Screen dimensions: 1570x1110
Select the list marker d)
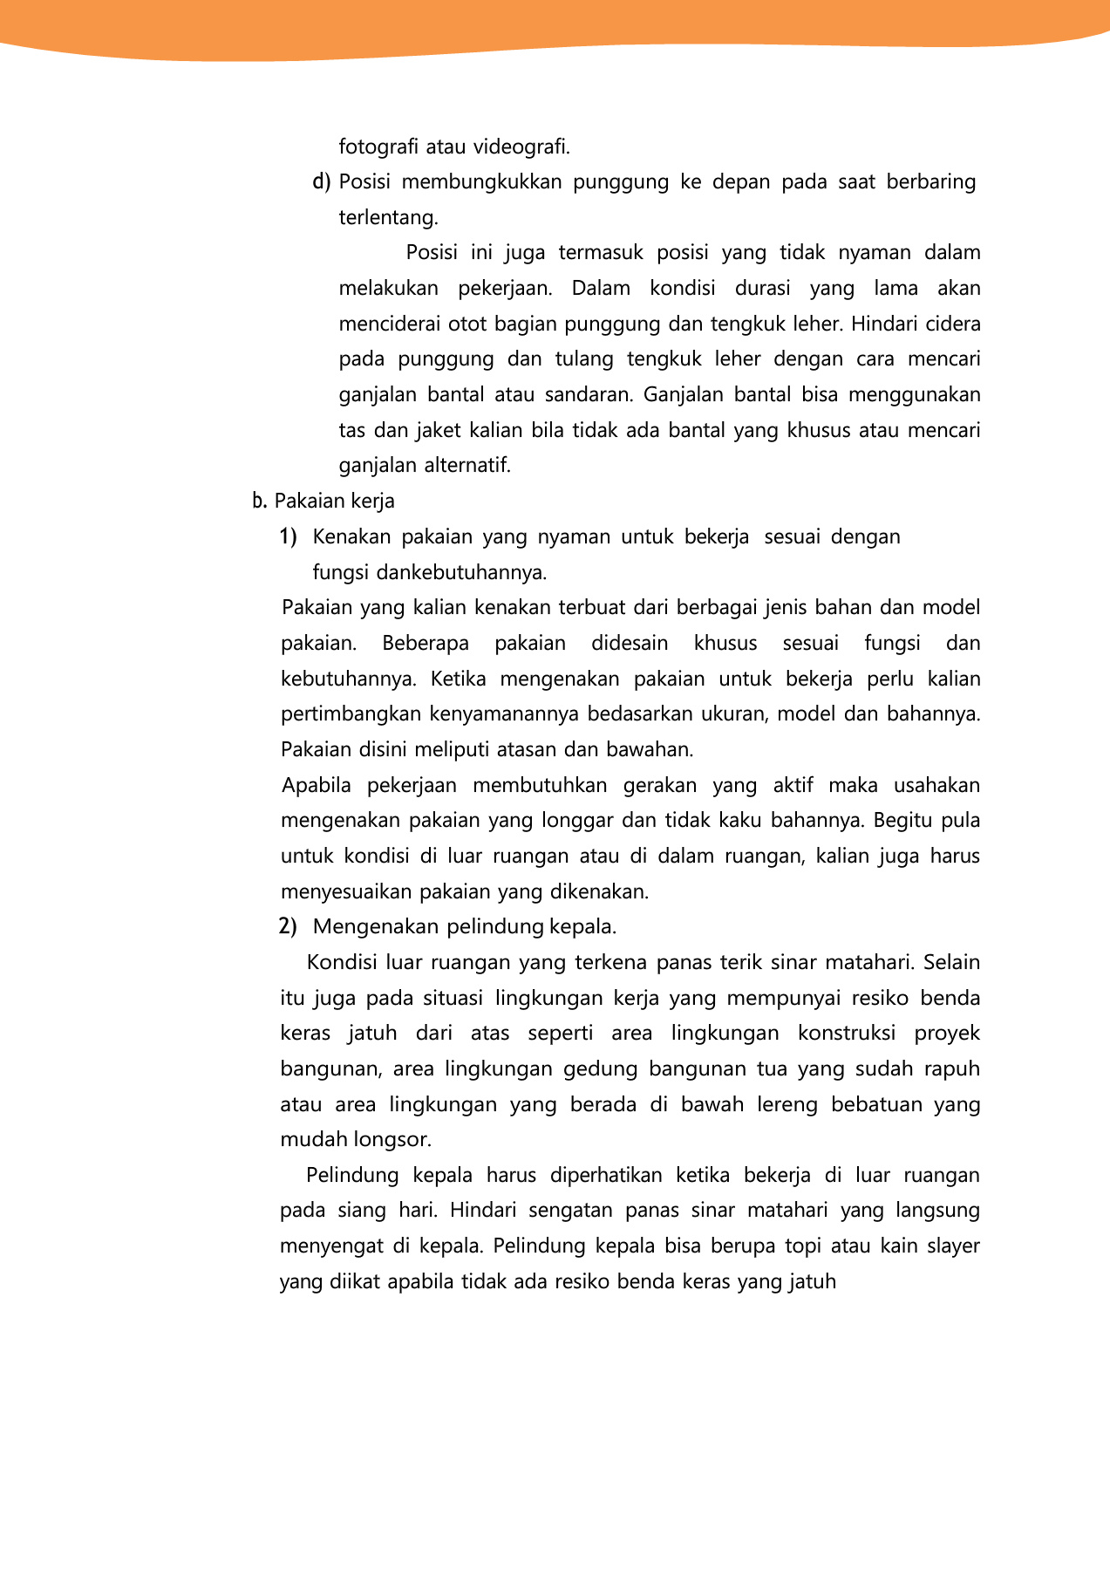pos(322,181)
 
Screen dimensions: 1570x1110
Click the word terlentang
pos(388,217)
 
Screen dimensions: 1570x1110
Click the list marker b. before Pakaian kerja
pos(259,501)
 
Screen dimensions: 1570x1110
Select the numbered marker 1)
pos(289,536)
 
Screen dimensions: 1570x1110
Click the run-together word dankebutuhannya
pos(461,572)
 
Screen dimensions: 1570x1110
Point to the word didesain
pos(630,643)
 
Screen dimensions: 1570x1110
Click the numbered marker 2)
pos(288,925)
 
